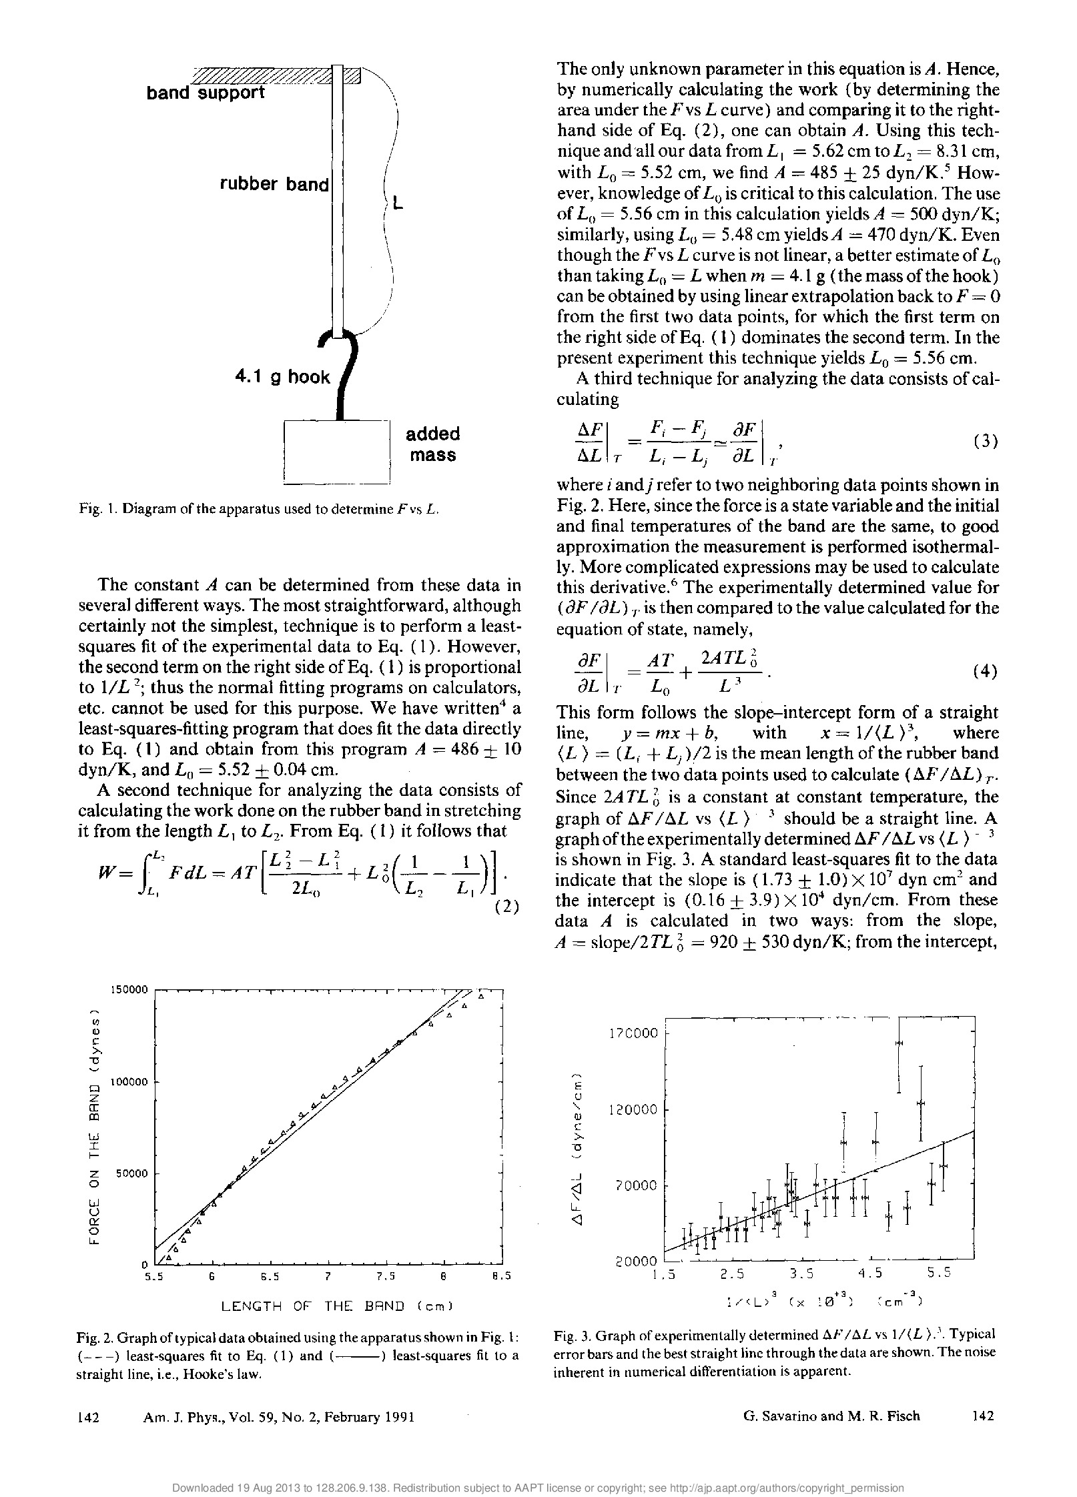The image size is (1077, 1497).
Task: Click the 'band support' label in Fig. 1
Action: (206, 93)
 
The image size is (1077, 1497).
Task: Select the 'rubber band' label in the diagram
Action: (274, 184)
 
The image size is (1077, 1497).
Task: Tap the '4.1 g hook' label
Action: (282, 378)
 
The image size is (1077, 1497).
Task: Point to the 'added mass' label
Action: (433, 444)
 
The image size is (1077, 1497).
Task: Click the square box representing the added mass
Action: (336, 451)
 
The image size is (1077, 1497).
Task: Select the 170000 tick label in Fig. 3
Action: (633, 1033)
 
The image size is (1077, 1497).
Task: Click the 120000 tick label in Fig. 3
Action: (633, 1109)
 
